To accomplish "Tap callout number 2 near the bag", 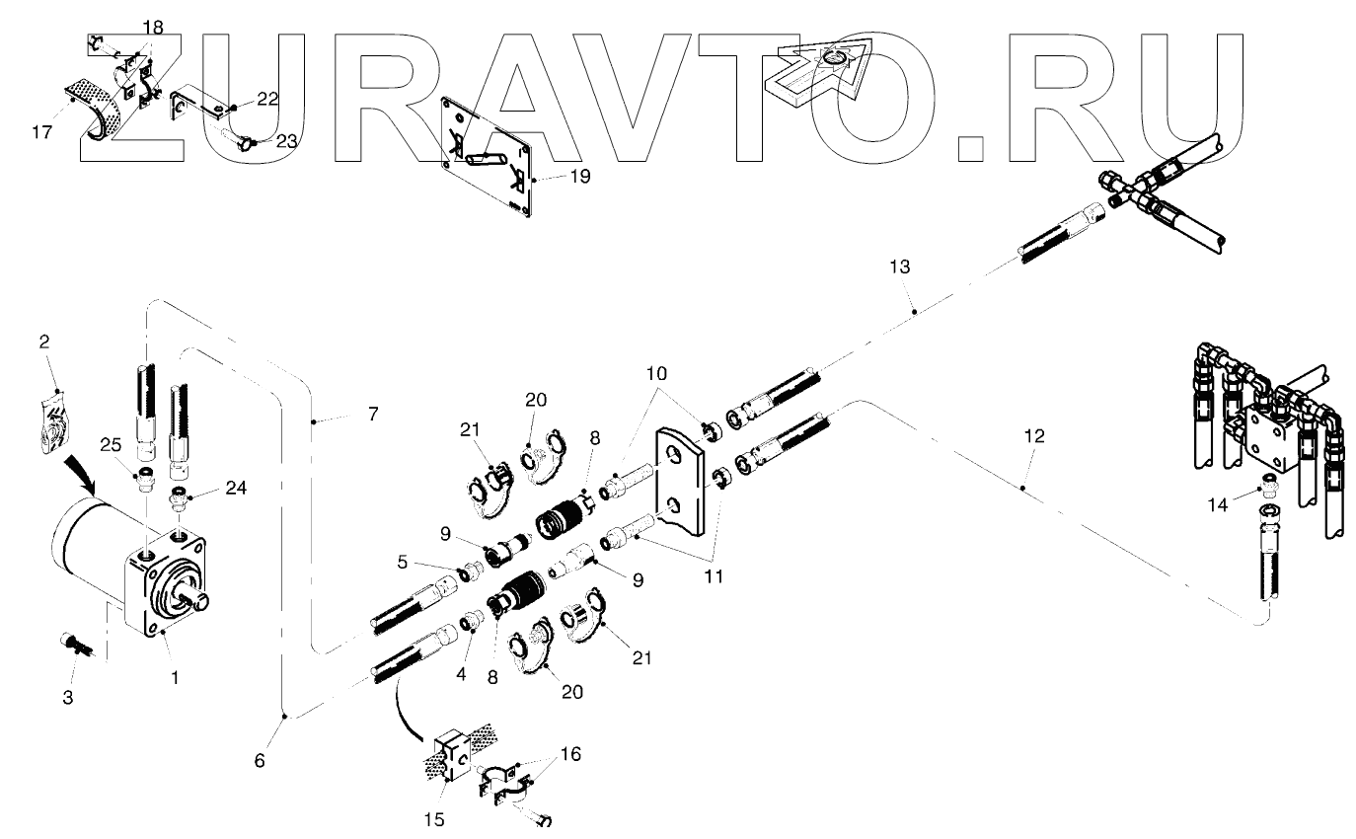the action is click(x=44, y=342).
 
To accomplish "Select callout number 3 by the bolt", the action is click(x=67, y=698).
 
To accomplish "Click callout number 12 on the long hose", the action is click(x=1032, y=435).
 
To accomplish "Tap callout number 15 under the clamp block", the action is click(x=434, y=818).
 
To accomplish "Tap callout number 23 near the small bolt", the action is click(x=285, y=141).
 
